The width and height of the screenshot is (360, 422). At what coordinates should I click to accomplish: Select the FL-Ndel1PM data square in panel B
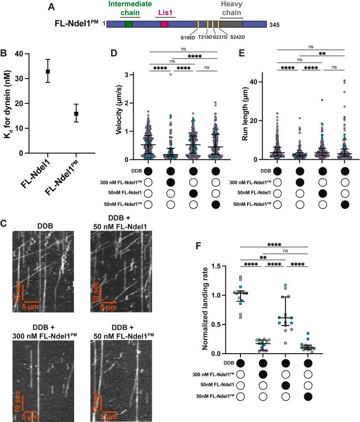pyautogui.click(x=76, y=113)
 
